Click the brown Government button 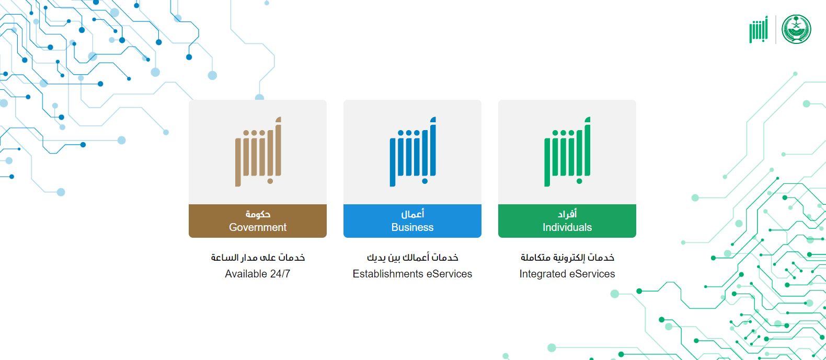pyautogui.click(x=257, y=220)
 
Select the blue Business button pyautogui.click(x=412, y=220)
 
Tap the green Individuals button pyautogui.click(x=567, y=220)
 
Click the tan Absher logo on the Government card pyautogui.click(x=258, y=152)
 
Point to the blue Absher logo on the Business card pyautogui.click(x=413, y=152)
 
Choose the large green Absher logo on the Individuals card pyautogui.click(x=568, y=152)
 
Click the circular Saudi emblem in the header pyautogui.click(x=796, y=29)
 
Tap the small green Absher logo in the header pyautogui.click(x=759, y=29)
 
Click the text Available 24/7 pyautogui.click(x=257, y=274)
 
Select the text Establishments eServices pyautogui.click(x=412, y=274)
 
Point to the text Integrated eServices pyautogui.click(x=567, y=274)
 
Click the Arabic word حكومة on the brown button pyautogui.click(x=258, y=214)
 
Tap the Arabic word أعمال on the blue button pyautogui.click(x=412, y=214)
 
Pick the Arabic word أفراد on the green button pyautogui.click(x=567, y=214)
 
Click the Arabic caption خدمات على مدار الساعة pyautogui.click(x=258, y=257)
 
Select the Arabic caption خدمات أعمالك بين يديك pyautogui.click(x=412, y=257)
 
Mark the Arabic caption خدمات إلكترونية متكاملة pyautogui.click(x=567, y=257)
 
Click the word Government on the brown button pyautogui.click(x=257, y=227)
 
